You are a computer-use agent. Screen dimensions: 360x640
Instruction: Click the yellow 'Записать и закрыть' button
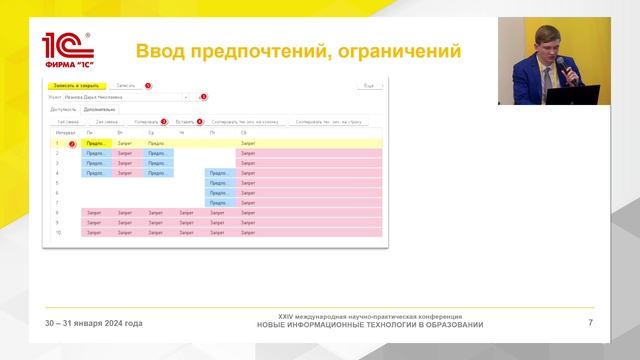click(x=76, y=86)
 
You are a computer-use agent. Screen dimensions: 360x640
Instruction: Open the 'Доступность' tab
click(x=64, y=109)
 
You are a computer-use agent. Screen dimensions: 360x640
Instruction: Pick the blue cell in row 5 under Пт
click(x=218, y=183)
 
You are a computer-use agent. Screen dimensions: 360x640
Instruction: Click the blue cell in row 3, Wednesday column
click(x=158, y=163)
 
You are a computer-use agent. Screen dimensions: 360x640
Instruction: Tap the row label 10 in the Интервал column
click(x=58, y=232)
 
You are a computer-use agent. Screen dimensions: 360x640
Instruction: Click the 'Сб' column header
click(x=245, y=132)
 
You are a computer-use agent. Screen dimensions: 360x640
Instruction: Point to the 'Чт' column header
click(x=182, y=132)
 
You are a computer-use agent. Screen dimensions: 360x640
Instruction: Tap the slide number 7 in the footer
click(x=590, y=323)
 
